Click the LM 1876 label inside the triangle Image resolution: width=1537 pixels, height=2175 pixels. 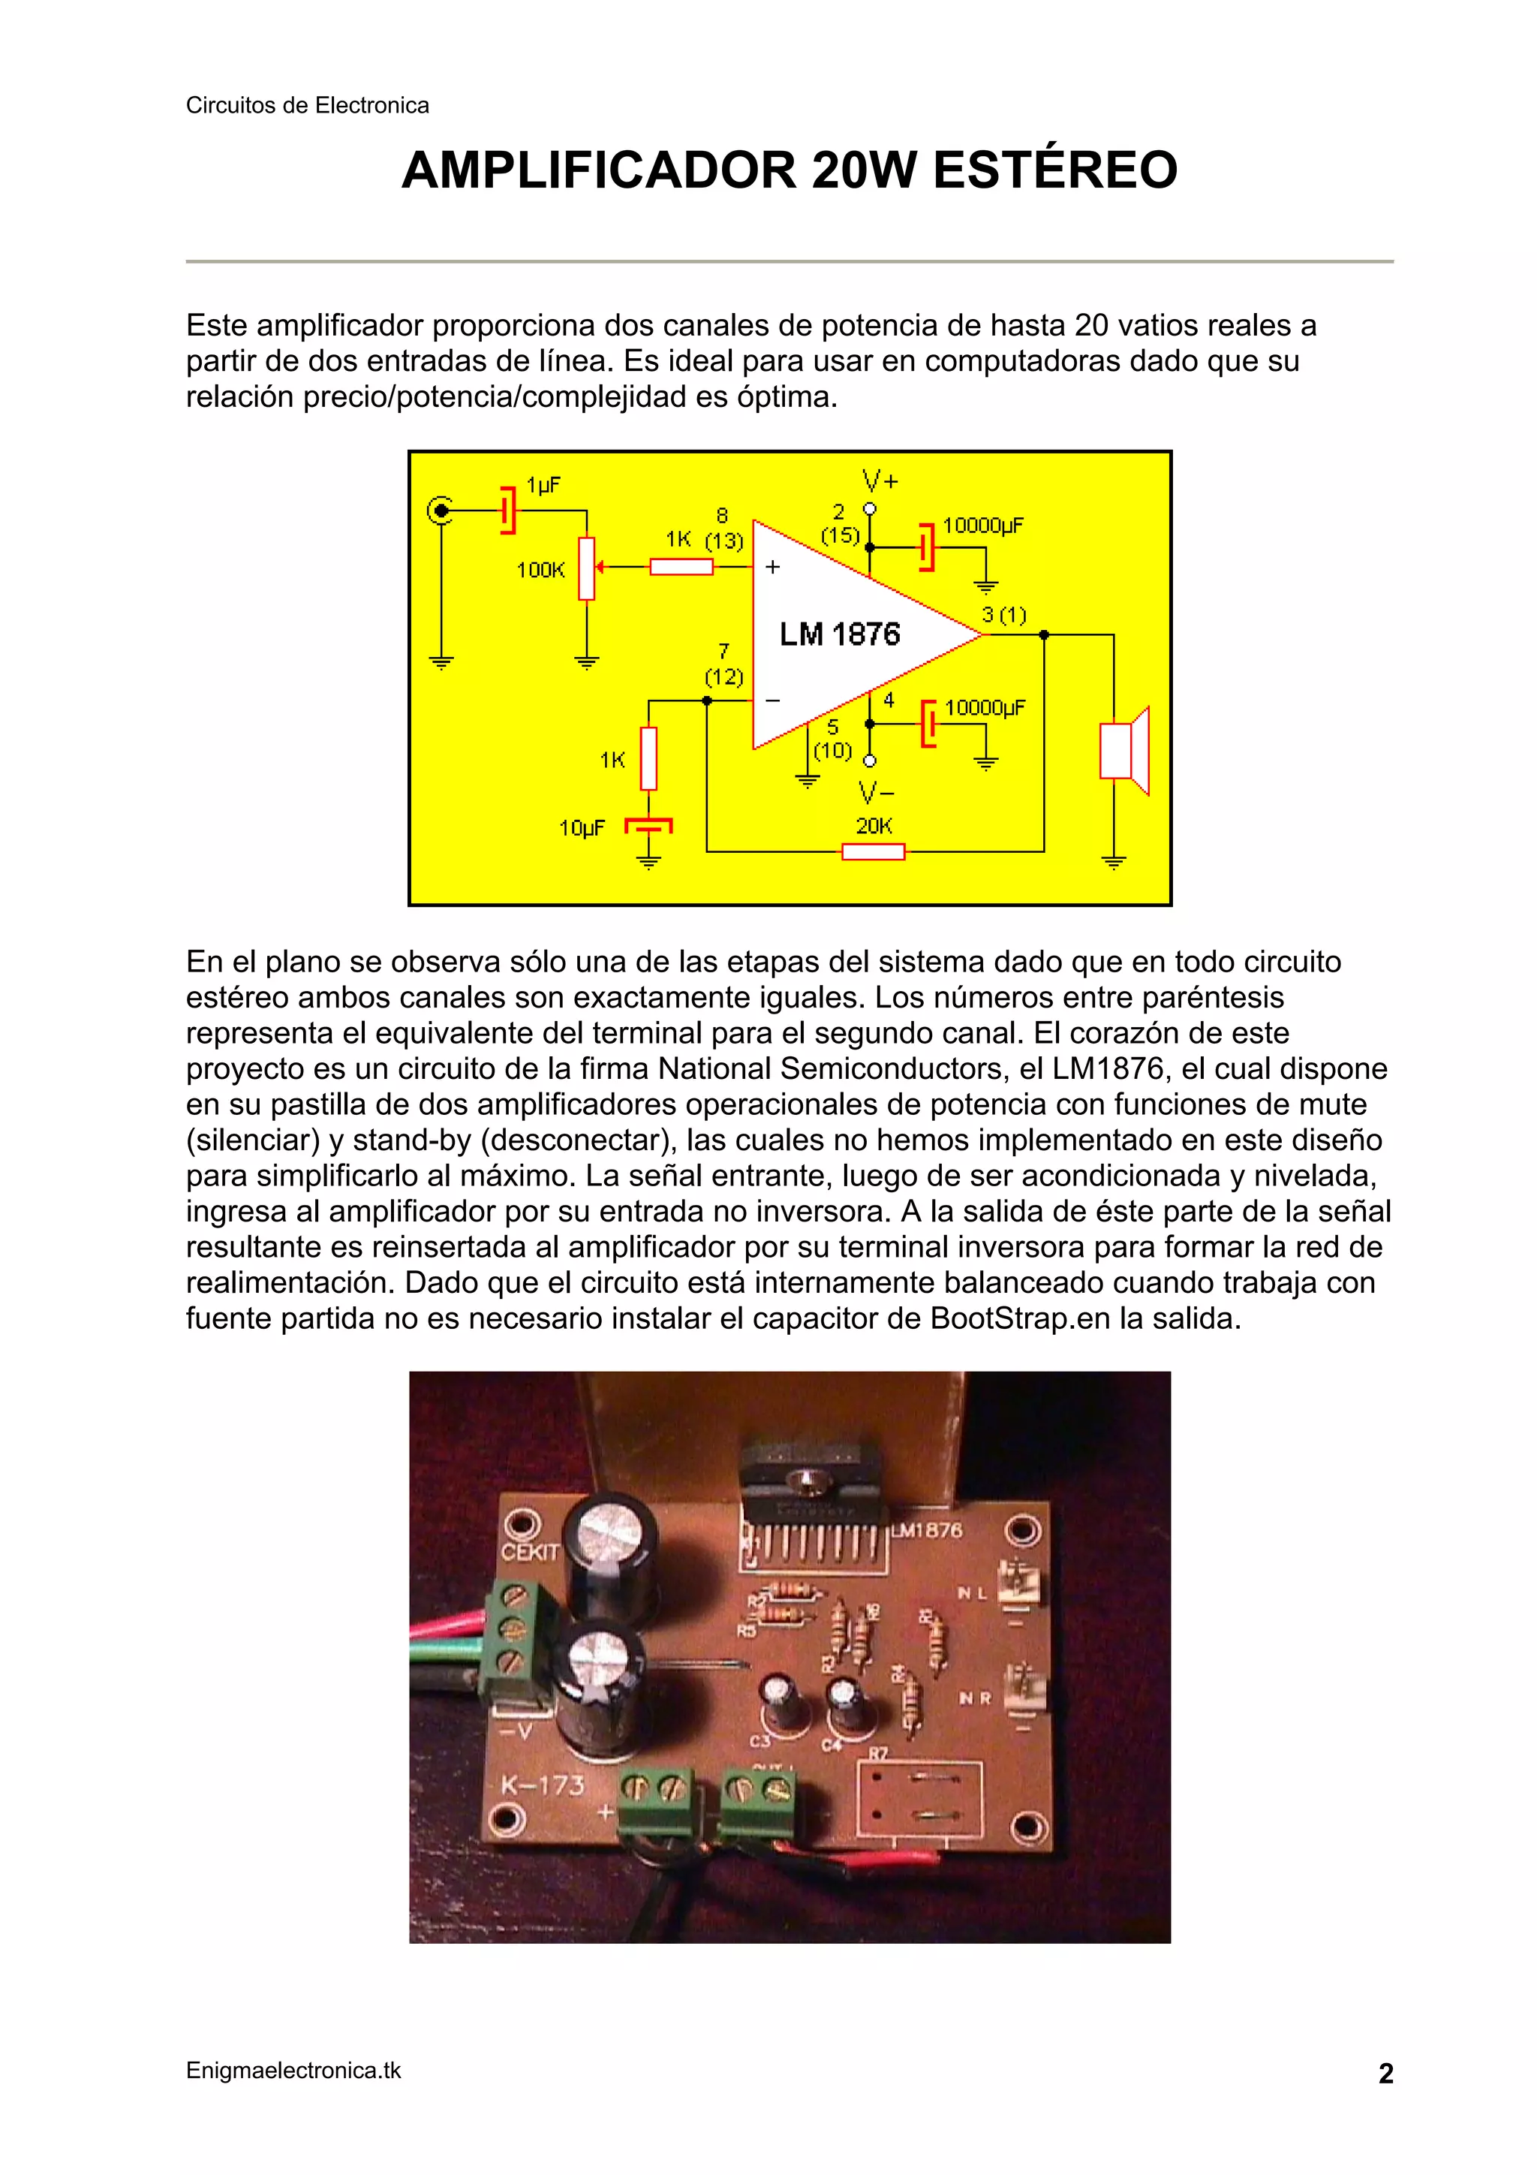pyautogui.click(x=839, y=634)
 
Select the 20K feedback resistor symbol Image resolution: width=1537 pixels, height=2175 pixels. pyautogui.click(x=873, y=851)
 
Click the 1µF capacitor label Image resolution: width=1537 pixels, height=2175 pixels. pyautogui.click(x=543, y=485)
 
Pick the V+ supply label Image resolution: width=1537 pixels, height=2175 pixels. pyautogui.click(x=880, y=481)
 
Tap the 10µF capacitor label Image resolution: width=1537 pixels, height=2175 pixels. pyautogui.click(x=582, y=828)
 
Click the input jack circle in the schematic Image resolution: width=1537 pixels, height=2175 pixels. pyautogui.click(x=440, y=511)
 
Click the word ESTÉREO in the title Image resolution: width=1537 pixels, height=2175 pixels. pyautogui.click(x=1055, y=170)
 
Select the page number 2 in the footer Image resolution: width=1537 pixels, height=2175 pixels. pyautogui.click(x=1385, y=2074)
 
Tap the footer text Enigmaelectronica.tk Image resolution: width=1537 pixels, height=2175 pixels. pyautogui.click(x=293, y=2071)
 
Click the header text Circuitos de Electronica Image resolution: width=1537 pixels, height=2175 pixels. pyautogui.click(x=307, y=105)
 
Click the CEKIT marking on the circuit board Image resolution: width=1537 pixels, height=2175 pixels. pyautogui.click(x=531, y=1551)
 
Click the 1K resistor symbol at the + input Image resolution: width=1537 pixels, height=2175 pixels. pyautogui.click(x=681, y=567)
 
